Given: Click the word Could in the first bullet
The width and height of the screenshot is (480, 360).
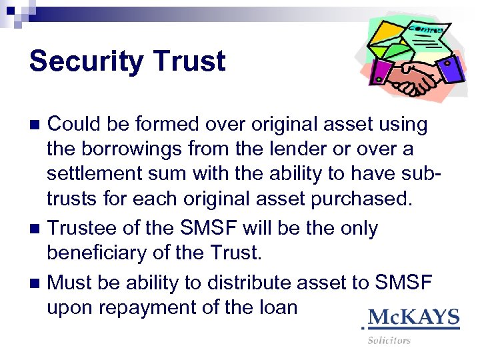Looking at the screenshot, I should [x=74, y=124].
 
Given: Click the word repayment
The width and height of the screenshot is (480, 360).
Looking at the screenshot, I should [x=140, y=307].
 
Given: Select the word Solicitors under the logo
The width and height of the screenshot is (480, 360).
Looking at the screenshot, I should [x=389, y=341].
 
